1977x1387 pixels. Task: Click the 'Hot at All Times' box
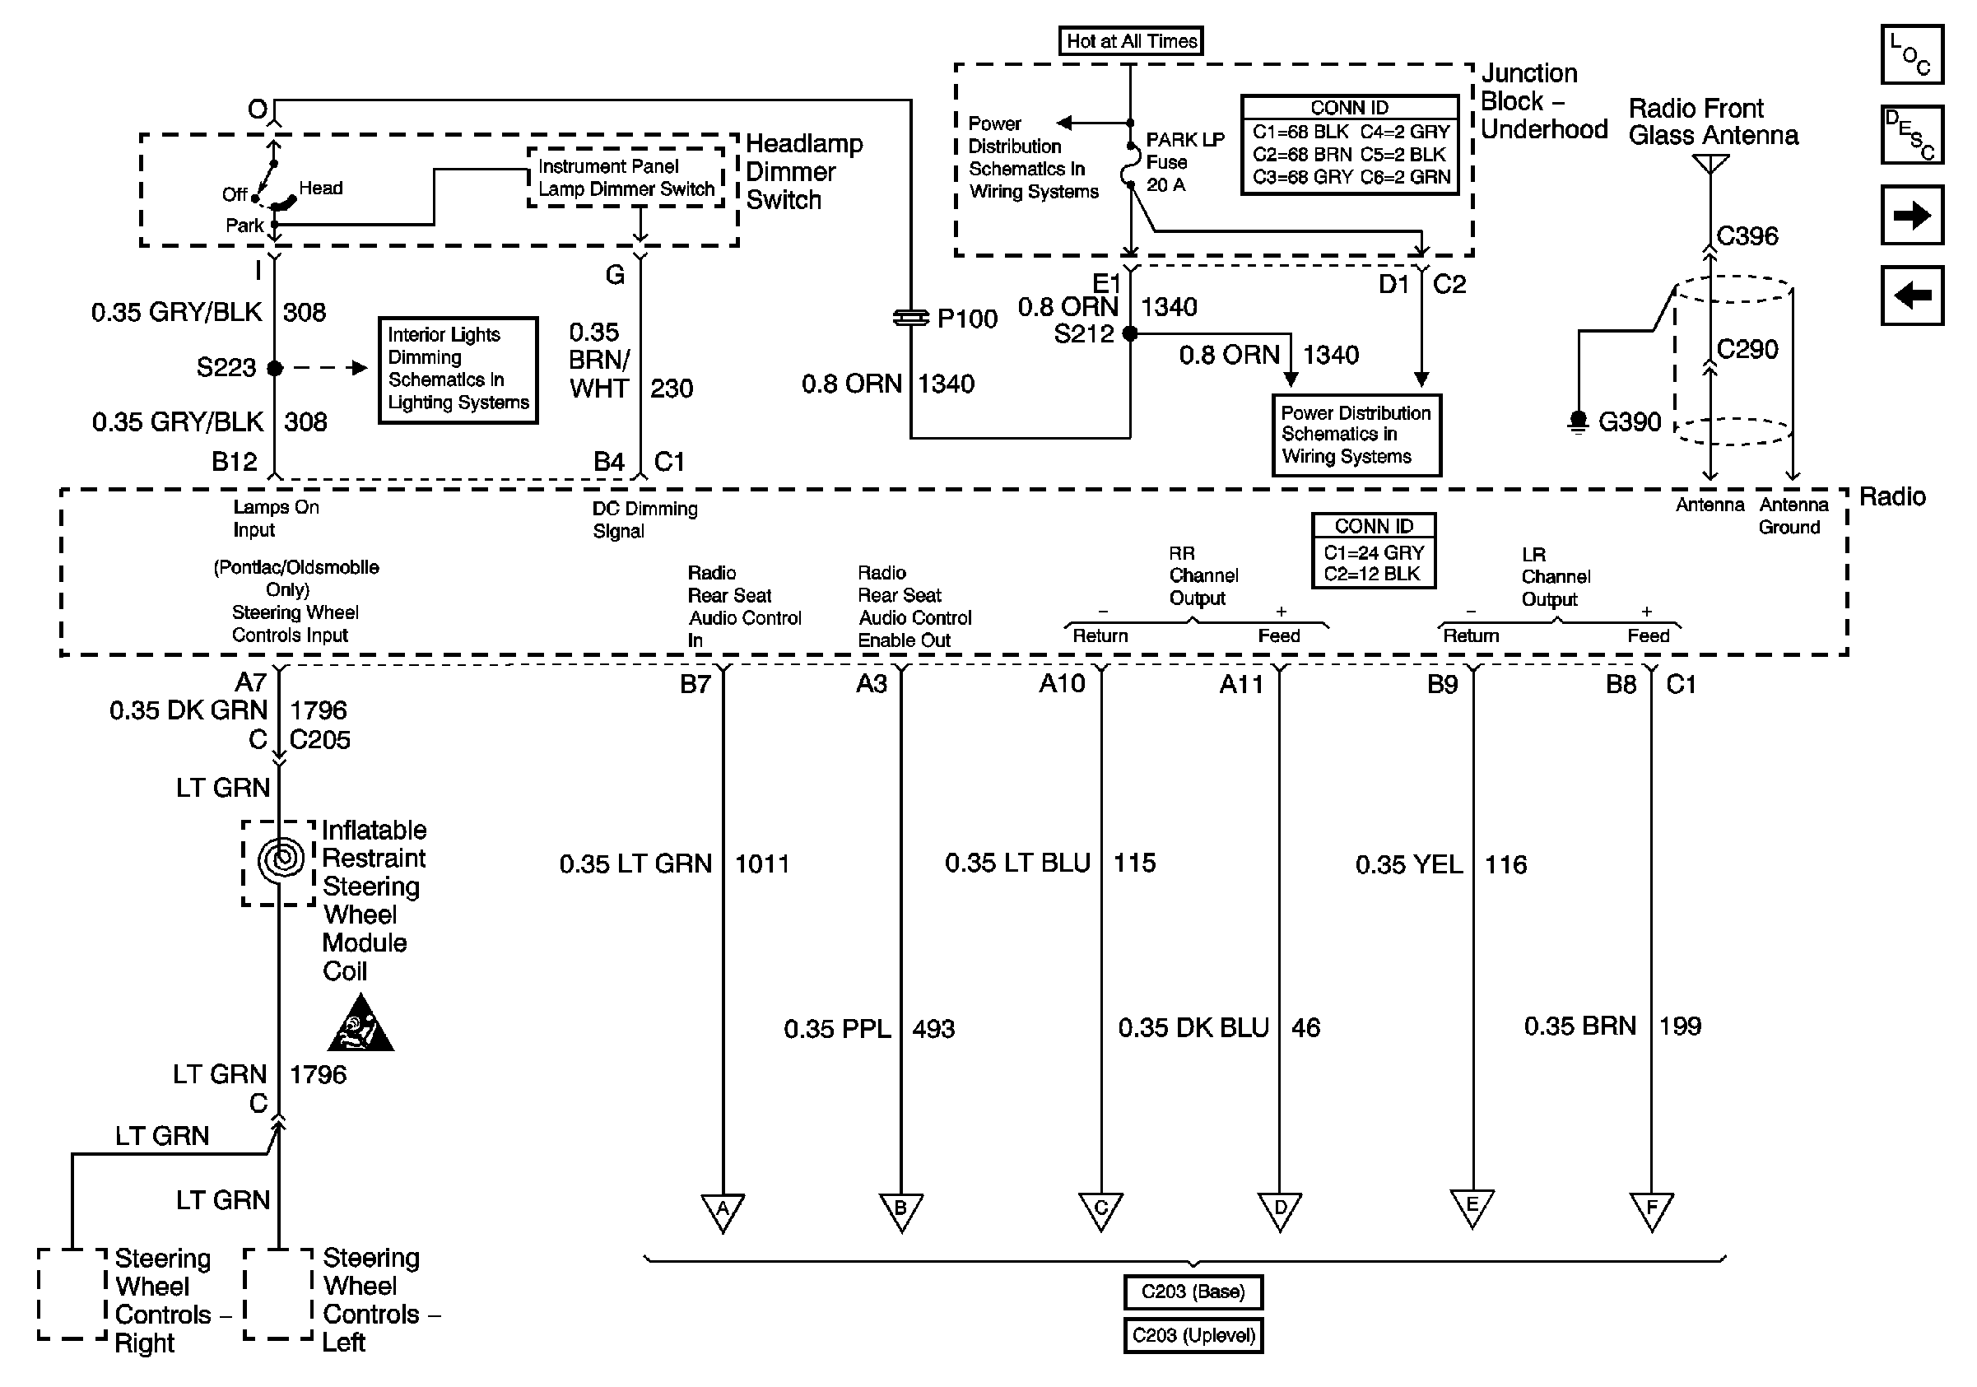coord(1131,40)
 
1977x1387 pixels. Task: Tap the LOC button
coord(1911,54)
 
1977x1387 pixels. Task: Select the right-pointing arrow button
coord(1911,214)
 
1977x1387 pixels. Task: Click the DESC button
coord(1911,134)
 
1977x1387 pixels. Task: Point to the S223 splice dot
coord(275,368)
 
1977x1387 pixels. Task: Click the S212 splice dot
coord(1130,333)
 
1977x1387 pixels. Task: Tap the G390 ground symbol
coord(1578,422)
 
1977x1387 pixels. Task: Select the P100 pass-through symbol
coord(910,319)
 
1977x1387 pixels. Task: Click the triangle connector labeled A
coord(723,1211)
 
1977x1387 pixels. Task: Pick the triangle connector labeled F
coord(1651,1210)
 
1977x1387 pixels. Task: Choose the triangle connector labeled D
coord(1280,1210)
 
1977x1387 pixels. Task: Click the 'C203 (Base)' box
coord(1193,1292)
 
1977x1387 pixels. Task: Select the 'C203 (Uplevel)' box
coord(1193,1335)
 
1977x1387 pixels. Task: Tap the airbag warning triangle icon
coord(360,1027)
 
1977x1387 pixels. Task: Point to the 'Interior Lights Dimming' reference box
coord(458,370)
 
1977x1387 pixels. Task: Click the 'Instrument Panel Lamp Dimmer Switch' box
coord(626,177)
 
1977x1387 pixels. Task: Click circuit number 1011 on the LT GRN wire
coord(761,863)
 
